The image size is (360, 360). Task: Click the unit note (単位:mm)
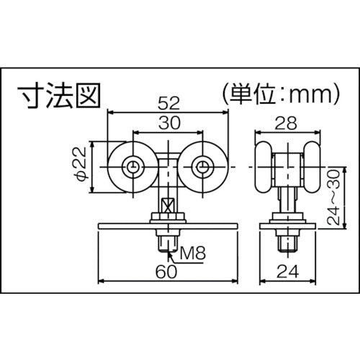coord(270,94)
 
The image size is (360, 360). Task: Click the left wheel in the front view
coord(132,167)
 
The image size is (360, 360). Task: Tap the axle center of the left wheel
coord(132,167)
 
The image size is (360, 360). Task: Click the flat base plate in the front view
coord(130,227)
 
